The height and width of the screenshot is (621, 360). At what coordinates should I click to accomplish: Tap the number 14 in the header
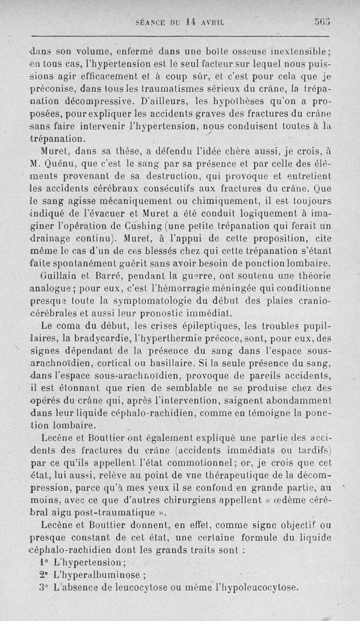click(191, 21)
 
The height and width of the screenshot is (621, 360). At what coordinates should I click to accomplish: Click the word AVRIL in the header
click(213, 21)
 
